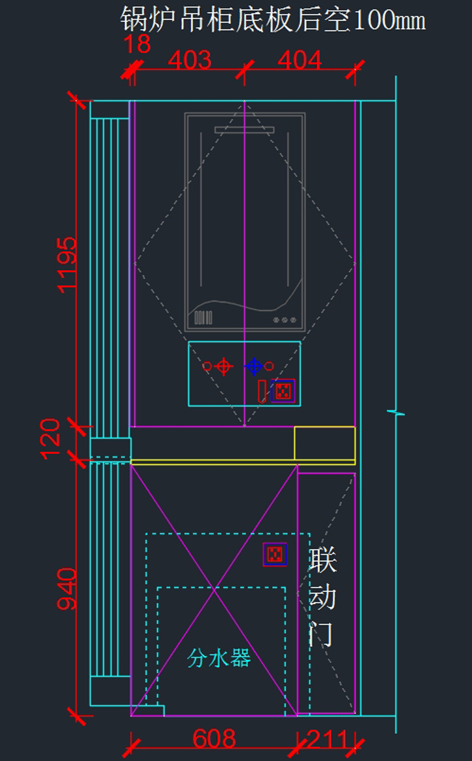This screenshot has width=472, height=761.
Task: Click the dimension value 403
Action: pyautogui.click(x=190, y=60)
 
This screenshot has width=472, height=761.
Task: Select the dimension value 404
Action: pyautogui.click(x=300, y=60)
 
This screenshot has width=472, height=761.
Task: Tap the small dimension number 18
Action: pyautogui.click(x=137, y=44)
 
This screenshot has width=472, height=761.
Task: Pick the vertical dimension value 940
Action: pyautogui.click(x=66, y=589)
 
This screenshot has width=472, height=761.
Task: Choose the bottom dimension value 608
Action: pyautogui.click(x=214, y=739)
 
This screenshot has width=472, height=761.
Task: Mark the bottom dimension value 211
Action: pyautogui.click(x=327, y=739)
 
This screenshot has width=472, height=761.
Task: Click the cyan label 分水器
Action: pyautogui.click(x=219, y=658)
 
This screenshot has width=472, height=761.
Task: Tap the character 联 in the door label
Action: pyautogui.click(x=323, y=560)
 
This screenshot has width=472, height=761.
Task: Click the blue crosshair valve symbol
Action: pyautogui.click(x=254, y=366)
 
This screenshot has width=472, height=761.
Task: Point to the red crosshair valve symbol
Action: pyautogui.click(x=223, y=366)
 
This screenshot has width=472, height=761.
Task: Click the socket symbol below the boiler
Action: pyautogui.click(x=283, y=391)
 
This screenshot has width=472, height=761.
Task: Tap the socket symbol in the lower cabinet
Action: pyautogui.click(x=275, y=554)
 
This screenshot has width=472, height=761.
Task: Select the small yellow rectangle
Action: pyautogui.click(x=324, y=443)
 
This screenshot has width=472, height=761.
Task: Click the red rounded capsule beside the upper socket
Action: pyautogui.click(x=262, y=391)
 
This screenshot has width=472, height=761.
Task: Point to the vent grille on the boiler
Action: pyautogui.click(x=203, y=317)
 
